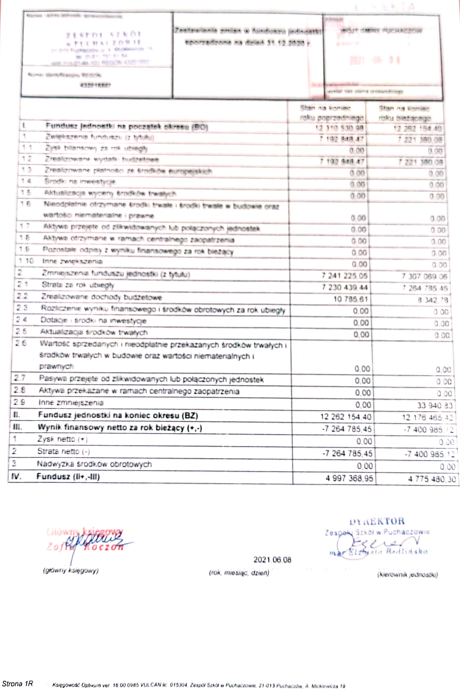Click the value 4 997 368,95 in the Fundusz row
(349, 478)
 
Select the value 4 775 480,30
(432, 479)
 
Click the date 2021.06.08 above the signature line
(272, 560)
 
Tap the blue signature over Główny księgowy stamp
(94, 540)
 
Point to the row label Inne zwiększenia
(72, 261)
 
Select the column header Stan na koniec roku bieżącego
(404, 113)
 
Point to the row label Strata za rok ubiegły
(78, 285)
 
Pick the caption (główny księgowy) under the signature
(71, 571)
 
